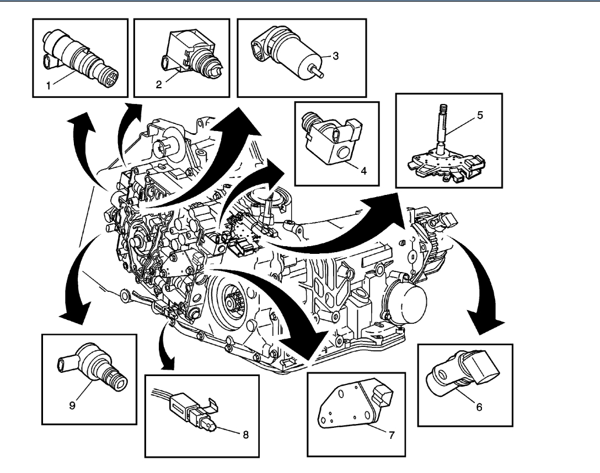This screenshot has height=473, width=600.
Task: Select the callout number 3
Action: [334, 56]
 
